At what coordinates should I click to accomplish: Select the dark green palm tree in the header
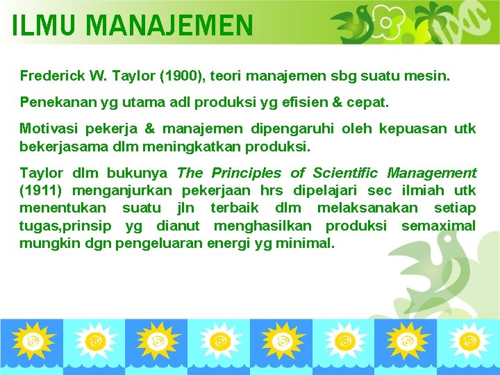[x=438, y=21]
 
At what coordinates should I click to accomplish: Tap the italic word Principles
[x=246, y=173]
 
